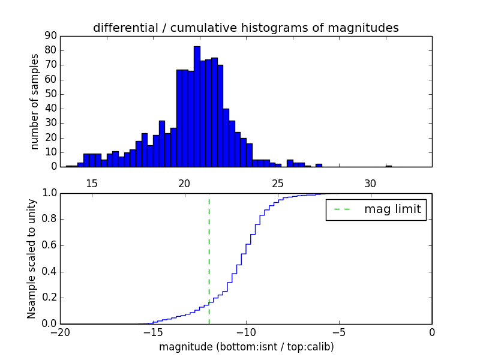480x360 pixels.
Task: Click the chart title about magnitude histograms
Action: pos(245,28)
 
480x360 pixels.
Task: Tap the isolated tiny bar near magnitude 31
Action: pos(389,166)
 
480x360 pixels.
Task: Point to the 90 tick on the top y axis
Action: pos(50,35)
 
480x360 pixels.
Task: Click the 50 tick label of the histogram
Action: pos(50,94)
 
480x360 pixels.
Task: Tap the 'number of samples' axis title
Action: pos(35,101)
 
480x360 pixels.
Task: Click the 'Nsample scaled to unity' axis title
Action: pos(32,259)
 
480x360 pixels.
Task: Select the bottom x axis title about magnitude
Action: pos(246,347)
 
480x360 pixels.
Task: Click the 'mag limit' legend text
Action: pos(392,209)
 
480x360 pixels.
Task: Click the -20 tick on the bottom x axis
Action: pos(61,331)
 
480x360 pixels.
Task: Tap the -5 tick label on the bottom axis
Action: pos(338,331)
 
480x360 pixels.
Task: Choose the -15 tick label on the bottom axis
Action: pos(153,331)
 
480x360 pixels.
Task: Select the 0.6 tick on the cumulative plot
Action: pos(48,245)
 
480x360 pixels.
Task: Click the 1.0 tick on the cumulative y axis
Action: pos(48,193)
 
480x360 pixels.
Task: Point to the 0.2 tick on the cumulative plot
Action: pos(48,298)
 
